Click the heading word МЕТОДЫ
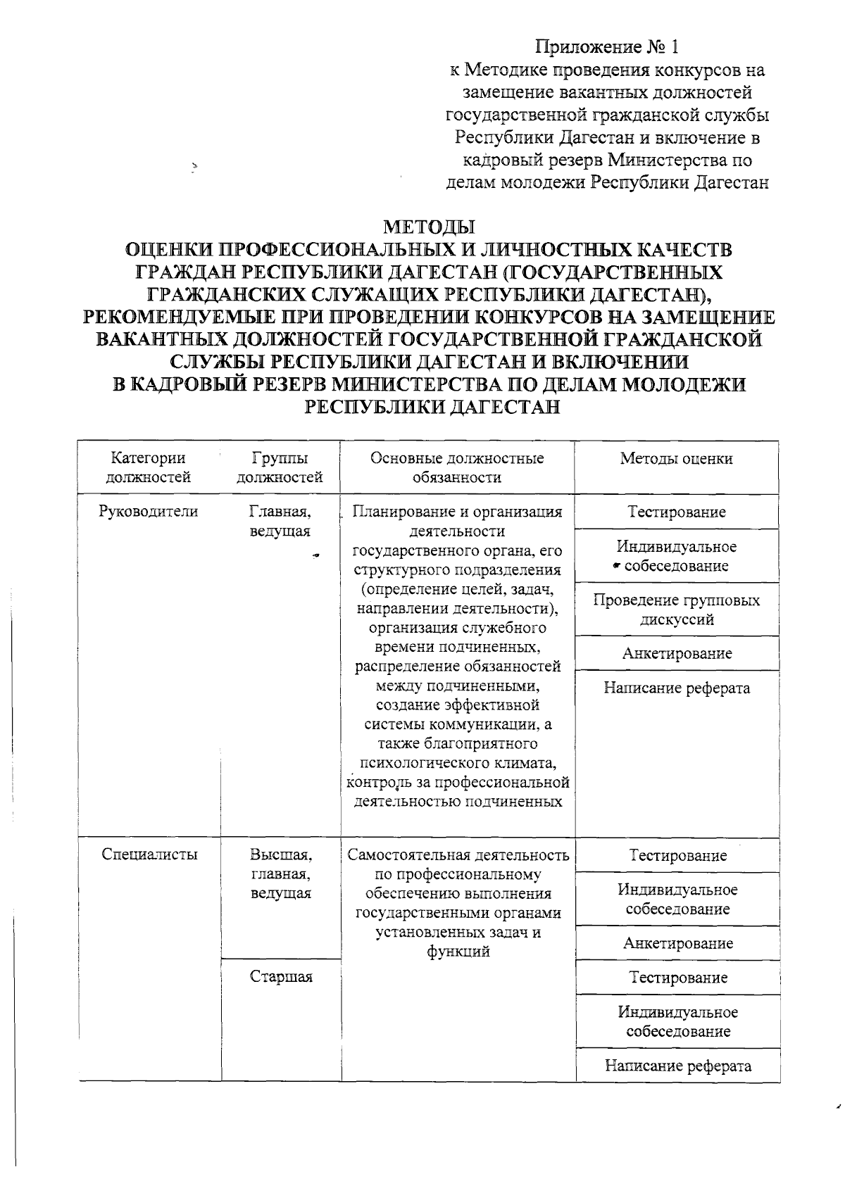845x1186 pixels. [x=429, y=227]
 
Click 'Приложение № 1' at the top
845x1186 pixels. [x=607, y=47]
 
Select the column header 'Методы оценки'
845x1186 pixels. [x=676, y=459]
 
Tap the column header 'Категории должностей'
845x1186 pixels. [x=149, y=467]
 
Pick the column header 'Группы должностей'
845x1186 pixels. [x=280, y=467]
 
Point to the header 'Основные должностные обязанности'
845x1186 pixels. [x=457, y=467]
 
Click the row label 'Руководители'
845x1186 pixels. [x=149, y=512]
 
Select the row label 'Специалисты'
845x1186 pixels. [x=149, y=854]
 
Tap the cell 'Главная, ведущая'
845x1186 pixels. [x=280, y=521]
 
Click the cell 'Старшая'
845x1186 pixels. [x=281, y=976]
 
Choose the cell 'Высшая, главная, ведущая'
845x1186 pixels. [x=281, y=873]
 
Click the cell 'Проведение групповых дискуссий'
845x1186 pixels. [x=677, y=610]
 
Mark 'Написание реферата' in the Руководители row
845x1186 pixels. [x=677, y=688]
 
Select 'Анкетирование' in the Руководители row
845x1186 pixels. [x=677, y=653]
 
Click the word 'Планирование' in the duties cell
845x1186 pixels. [x=396, y=512]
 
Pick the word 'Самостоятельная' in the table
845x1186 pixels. [x=409, y=855]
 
